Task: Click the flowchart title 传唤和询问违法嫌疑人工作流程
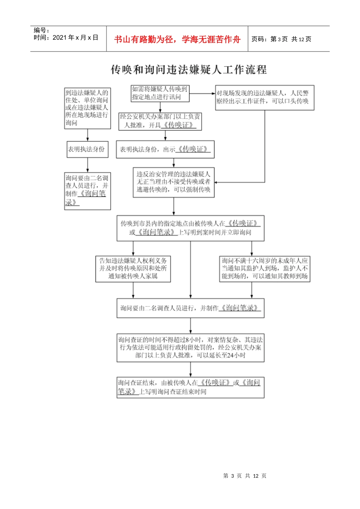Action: coord(188,70)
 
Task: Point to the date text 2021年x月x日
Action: coord(75,37)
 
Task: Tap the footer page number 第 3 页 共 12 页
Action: coord(245,476)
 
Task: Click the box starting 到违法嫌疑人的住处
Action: coord(87,108)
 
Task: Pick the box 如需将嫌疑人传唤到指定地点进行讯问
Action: coord(160,93)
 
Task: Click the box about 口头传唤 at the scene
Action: coord(265,97)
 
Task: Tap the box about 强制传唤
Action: coord(174,182)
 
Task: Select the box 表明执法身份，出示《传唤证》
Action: coord(165,149)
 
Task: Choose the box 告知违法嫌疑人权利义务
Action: coord(133,269)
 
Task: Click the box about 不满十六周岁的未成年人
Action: coord(265,269)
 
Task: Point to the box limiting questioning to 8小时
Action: coord(190,348)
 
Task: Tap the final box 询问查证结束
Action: coord(190,387)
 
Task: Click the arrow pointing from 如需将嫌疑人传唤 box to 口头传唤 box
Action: coord(202,93)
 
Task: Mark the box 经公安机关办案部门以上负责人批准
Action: coord(160,121)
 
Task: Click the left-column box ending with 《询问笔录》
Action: coord(87,191)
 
